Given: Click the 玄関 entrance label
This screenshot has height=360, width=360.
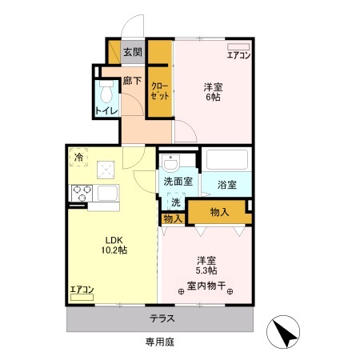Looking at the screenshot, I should [x=133, y=53].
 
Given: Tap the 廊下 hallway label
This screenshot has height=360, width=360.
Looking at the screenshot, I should [x=132, y=81].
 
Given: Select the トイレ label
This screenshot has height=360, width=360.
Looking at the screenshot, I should [x=104, y=110].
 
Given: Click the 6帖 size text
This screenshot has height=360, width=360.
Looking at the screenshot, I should [x=212, y=97].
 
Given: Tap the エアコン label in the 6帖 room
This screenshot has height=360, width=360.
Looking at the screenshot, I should [x=238, y=55].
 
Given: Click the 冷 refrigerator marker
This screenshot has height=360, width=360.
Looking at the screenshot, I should [x=78, y=158].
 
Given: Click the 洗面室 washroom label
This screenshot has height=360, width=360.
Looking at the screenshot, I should [x=178, y=182].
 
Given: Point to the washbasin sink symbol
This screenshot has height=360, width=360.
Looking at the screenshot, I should [x=170, y=163].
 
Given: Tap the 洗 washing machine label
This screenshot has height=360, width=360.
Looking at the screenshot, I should [x=175, y=202].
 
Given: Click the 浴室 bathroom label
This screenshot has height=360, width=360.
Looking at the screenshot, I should [x=226, y=185].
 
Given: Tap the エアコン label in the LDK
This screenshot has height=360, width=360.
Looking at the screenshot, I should [x=82, y=289].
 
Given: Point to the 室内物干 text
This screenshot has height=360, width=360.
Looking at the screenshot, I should [x=207, y=286].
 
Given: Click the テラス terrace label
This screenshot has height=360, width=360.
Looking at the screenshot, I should [x=162, y=318].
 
